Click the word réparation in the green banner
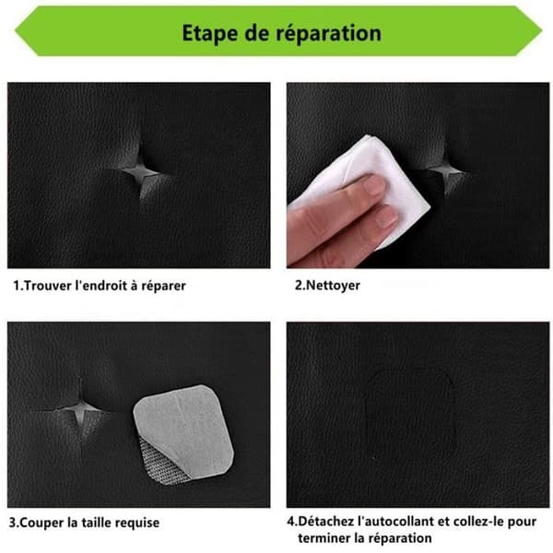coord(328,34)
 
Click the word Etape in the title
coord(209,34)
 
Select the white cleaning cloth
coord(367,183)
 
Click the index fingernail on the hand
coord(374,185)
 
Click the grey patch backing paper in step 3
coord(184,429)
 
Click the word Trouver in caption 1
coord(48,286)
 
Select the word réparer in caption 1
coord(164,286)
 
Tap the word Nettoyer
coord(333,286)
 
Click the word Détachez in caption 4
coord(325,522)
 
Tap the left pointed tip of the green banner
coord(15,30)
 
